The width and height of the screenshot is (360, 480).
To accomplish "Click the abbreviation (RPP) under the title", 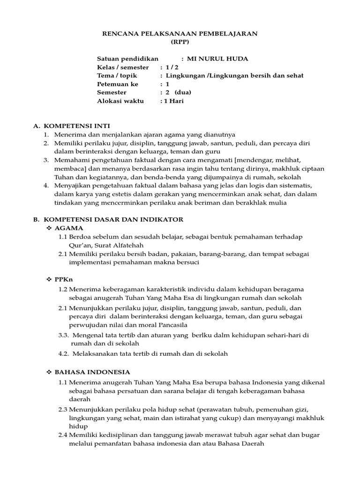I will (180, 41).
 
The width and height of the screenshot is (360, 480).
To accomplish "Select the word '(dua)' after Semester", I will (183, 92).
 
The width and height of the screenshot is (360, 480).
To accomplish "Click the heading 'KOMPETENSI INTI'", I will (76, 126).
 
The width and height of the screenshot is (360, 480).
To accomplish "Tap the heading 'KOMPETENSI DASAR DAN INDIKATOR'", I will (113, 219).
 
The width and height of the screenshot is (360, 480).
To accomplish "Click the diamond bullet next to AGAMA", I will (49, 228).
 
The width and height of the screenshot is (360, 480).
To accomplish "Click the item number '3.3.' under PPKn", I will (64, 335).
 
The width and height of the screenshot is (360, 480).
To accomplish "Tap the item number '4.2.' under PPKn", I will (64, 354).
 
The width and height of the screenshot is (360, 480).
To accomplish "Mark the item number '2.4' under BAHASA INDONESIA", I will (63, 435).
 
